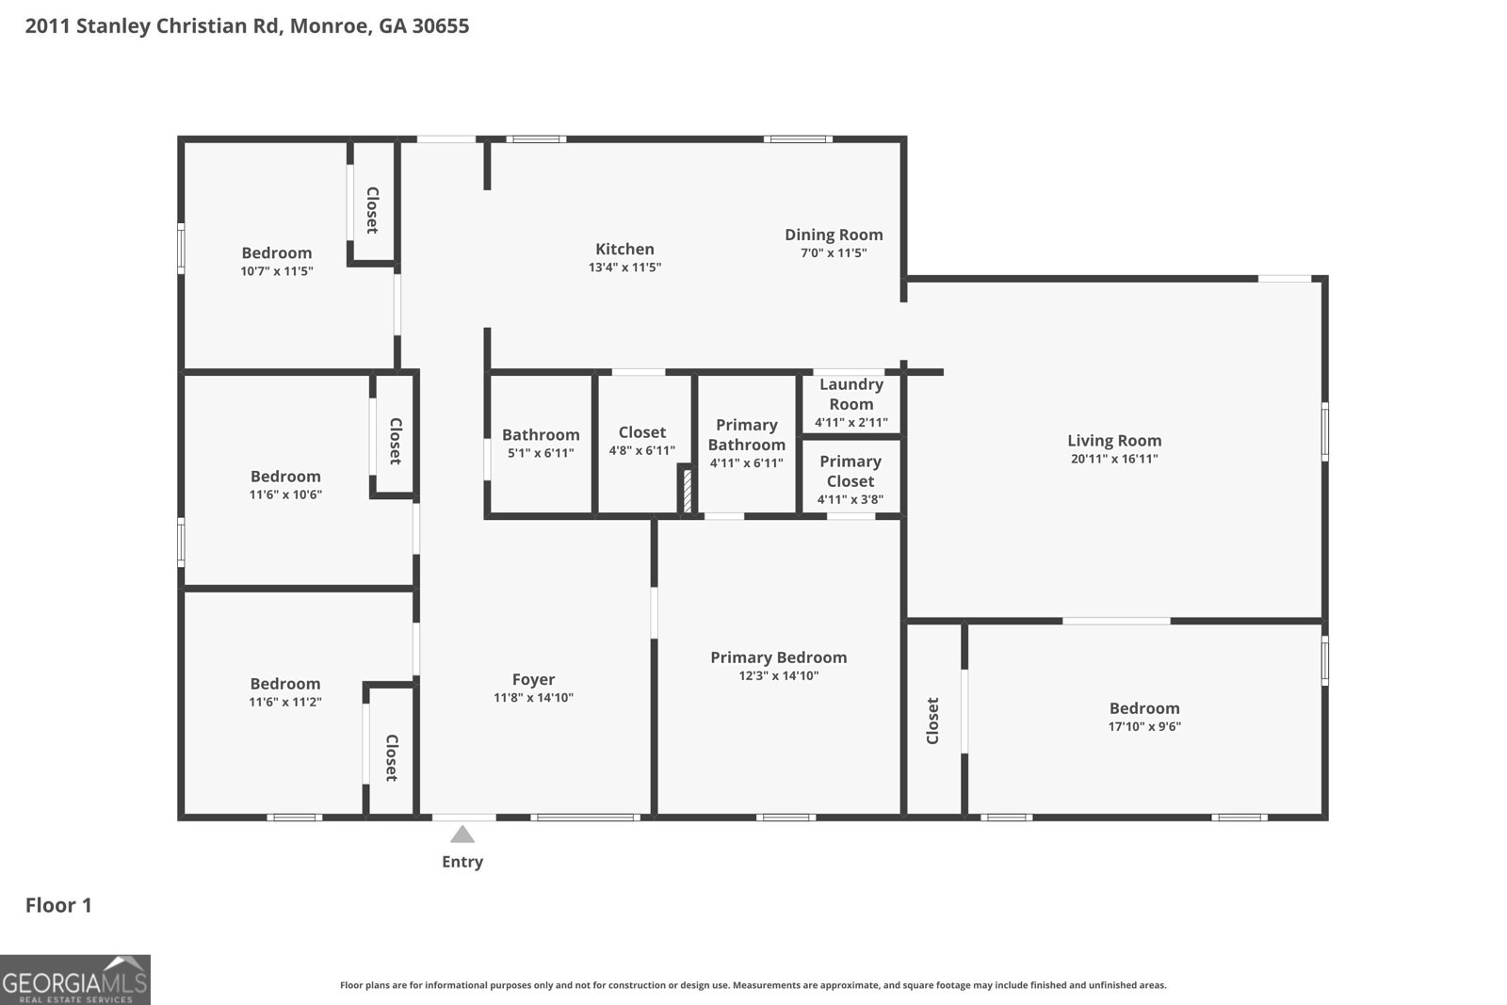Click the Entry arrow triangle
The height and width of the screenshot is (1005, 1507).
click(x=462, y=835)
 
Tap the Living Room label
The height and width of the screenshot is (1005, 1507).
click(x=1114, y=441)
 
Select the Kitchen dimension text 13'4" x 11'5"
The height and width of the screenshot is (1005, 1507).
click(x=624, y=267)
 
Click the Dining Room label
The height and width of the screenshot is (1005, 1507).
click(x=834, y=235)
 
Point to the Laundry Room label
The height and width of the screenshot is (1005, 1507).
click(x=851, y=395)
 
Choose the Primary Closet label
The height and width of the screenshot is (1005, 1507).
click(x=851, y=471)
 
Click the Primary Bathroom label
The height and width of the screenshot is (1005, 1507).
click(x=747, y=434)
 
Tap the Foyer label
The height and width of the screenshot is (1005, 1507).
click(x=533, y=679)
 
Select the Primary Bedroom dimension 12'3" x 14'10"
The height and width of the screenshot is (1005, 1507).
click(x=778, y=675)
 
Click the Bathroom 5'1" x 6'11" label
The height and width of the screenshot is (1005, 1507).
click(x=541, y=443)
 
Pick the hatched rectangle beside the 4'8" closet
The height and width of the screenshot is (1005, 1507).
click(x=688, y=491)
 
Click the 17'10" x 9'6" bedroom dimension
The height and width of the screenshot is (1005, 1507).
click(x=1144, y=726)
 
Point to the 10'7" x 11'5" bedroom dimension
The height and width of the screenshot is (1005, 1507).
click(x=277, y=271)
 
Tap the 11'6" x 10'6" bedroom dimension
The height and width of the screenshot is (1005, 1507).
click(x=285, y=494)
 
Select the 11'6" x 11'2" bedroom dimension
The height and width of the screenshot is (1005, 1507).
click(x=285, y=702)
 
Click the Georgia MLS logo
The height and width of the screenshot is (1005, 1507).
click(x=74, y=981)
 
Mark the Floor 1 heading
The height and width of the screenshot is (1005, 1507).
click(x=58, y=905)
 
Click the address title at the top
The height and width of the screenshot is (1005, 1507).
click(x=247, y=26)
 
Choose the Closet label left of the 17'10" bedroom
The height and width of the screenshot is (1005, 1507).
click(x=932, y=721)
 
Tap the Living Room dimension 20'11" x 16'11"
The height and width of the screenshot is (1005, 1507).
click(x=1114, y=459)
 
